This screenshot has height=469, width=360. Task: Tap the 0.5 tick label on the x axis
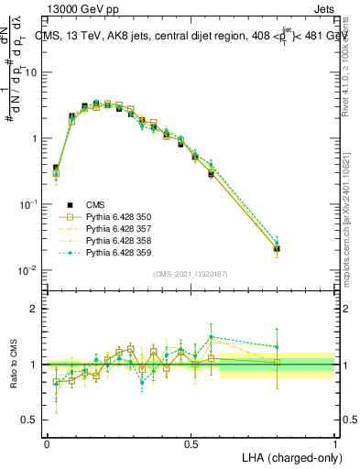pyautogui.click(x=191, y=443)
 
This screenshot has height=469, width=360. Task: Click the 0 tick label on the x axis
pyautogui.click(x=47, y=443)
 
